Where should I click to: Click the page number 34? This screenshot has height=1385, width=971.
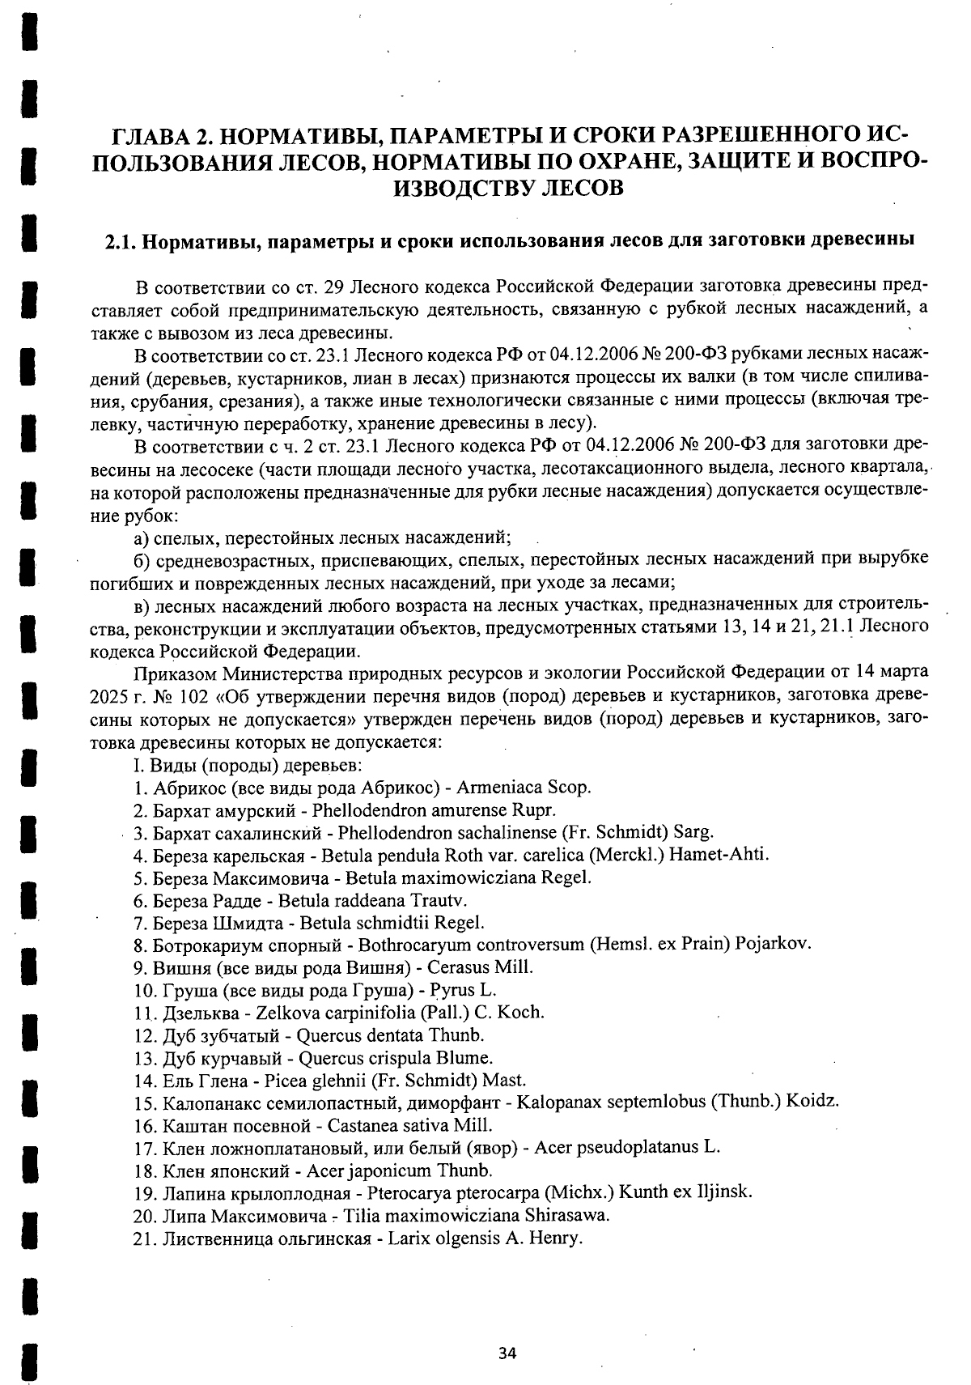[x=507, y=1353]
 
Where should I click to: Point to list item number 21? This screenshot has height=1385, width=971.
[x=145, y=1238]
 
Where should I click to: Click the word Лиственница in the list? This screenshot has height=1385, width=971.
[x=215, y=1238]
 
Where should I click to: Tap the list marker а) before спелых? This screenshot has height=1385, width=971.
[x=140, y=538]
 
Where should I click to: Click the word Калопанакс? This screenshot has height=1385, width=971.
[x=206, y=1102]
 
